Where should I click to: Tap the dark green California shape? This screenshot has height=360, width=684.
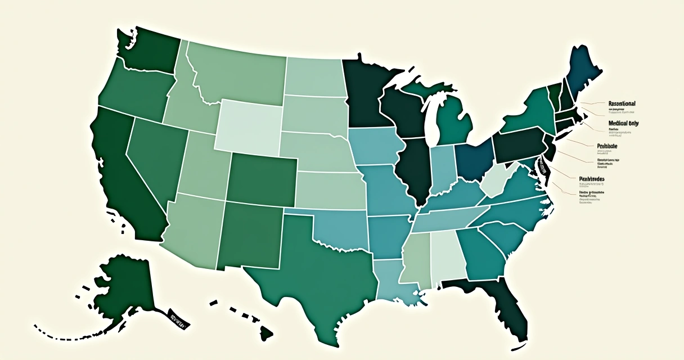121,169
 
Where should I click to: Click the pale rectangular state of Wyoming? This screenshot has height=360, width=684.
247,127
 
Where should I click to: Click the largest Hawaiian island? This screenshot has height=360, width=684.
266,334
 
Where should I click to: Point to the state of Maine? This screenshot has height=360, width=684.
582,73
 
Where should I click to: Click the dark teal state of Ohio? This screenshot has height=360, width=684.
474,160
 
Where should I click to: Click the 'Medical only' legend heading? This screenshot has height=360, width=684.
623,123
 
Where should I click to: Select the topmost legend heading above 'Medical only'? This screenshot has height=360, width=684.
622,103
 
